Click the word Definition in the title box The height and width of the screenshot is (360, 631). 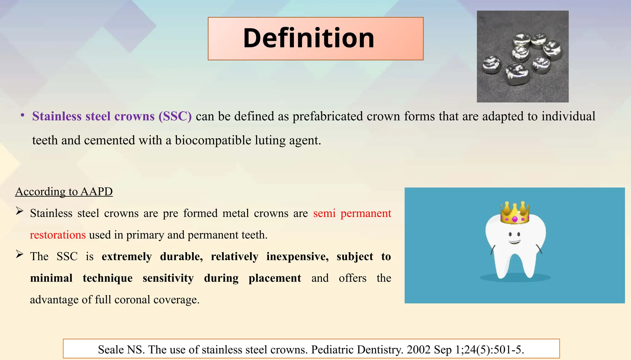(308, 38)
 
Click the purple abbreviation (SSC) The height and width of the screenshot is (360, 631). (175, 117)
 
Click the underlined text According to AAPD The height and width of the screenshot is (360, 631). (64, 192)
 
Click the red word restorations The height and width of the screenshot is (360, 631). (58, 235)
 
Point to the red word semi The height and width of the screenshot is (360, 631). (324, 213)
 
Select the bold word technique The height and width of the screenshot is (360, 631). (108, 278)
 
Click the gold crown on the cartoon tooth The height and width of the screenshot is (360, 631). (515, 213)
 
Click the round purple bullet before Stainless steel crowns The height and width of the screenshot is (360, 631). (22, 115)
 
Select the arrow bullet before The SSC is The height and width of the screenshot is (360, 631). (20, 255)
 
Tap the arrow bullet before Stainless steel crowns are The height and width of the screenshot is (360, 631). (20, 211)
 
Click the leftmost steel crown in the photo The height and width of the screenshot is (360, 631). (491, 65)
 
